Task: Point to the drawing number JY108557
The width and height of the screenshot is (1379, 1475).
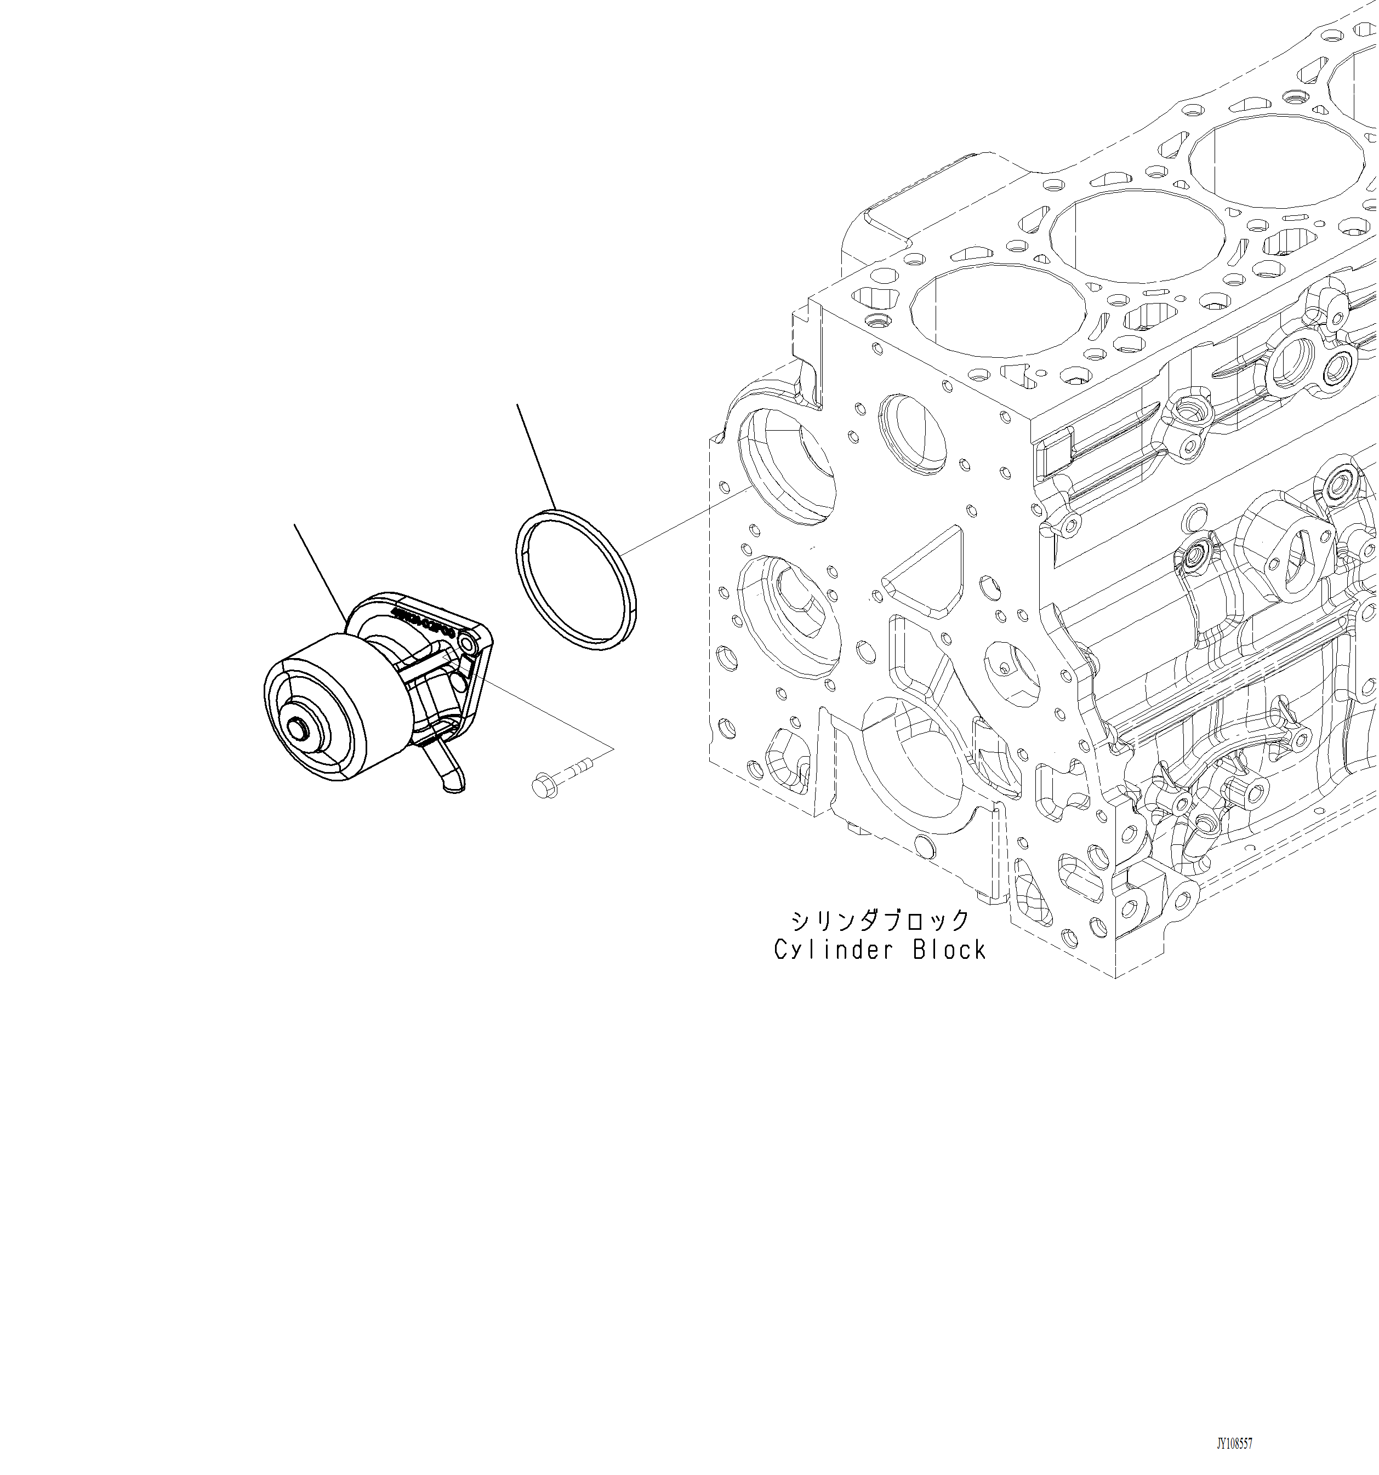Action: click(1234, 1444)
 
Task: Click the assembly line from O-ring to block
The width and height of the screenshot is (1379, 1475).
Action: click(687, 520)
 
